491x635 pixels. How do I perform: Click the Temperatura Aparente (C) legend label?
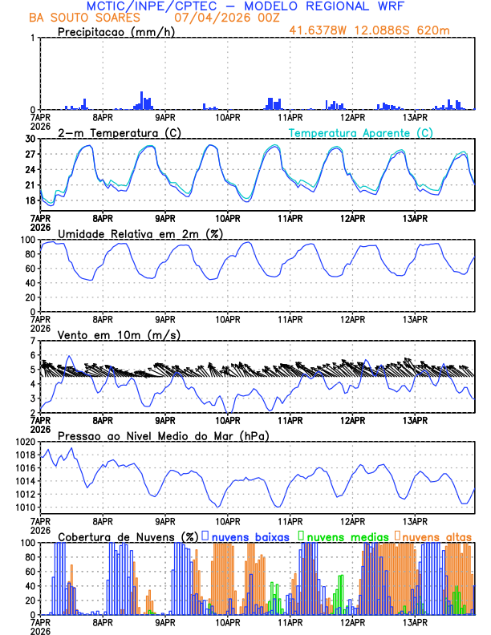pyautogui.click(x=360, y=132)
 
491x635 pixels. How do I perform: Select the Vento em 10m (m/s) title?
pyautogui.click(x=119, y=334)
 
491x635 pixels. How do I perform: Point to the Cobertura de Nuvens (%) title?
pyautogui.click(x=128, y=536)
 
